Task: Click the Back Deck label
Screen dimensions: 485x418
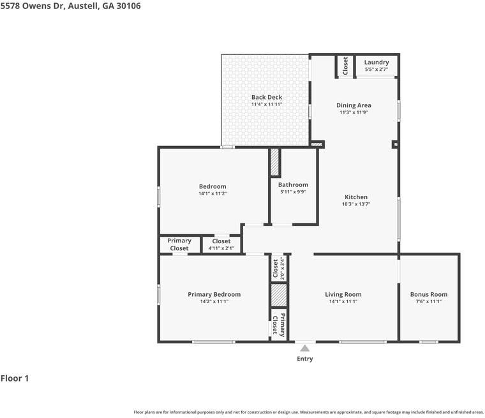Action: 267,97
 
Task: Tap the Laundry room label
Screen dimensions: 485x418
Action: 377,62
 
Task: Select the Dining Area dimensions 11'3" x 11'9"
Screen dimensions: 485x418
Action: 354,112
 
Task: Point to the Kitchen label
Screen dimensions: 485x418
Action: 356,197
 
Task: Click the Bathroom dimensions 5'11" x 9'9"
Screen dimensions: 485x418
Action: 293,192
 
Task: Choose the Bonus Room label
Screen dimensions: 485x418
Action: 429,294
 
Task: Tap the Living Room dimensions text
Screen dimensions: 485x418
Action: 343,301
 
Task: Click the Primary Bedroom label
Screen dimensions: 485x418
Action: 214,294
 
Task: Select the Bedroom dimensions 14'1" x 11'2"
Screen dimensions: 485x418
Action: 213,193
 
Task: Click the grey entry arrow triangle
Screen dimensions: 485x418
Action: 305,348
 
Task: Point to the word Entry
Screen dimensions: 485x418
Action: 304,359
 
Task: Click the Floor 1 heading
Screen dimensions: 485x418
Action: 15,378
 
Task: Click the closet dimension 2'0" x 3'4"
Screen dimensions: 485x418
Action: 282,268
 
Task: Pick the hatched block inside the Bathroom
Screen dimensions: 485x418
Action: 275,163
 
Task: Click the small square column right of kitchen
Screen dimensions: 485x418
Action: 396,144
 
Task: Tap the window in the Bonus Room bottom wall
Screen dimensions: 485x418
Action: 429,342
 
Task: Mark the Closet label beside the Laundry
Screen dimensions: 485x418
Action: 345,66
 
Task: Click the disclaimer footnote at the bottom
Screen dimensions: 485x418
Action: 308,412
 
